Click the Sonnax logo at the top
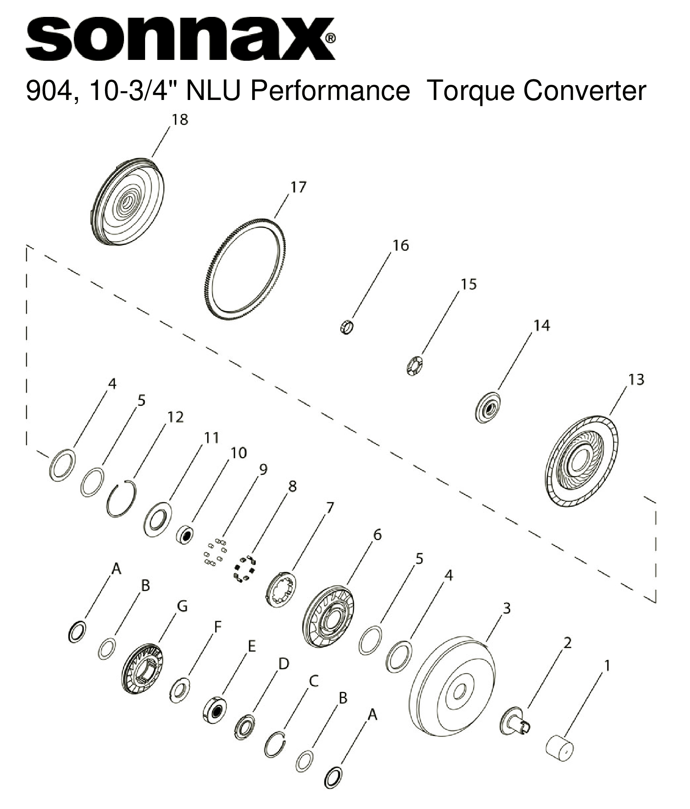pyautogui.click(x=181, y=39)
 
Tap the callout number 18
pyautogui.click(x=179, y=120)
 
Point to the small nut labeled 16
pyautogui.click(x=346, y=327)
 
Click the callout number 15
pyautogui.click(x=468, y=284)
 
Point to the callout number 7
pyautogui.click(x=329, y=507)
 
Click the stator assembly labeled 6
pyautogui.click(x=328, y=616)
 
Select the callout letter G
pyautogui.click(x=182, y=606)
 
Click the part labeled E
pyautogui.click(x=216, y=710)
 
